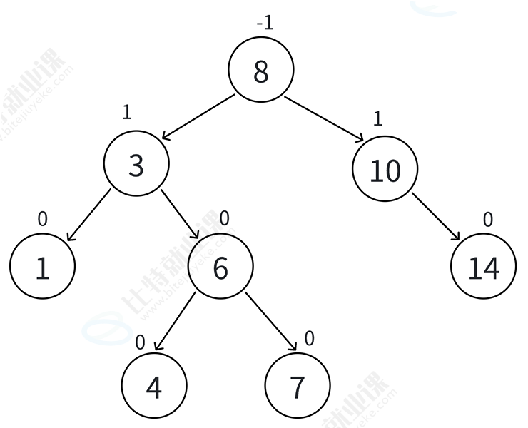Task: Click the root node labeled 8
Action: click(260, 71)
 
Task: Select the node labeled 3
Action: click(136, 165)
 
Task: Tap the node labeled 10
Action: click(385, 170)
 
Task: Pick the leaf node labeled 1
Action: click(42, 268)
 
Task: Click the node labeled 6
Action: click(220, 268)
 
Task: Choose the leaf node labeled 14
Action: click(483, 268)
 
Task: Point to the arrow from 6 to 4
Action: click(176, 321)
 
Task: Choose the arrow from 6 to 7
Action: click(270, 321)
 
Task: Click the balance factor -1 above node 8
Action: click(265, 23)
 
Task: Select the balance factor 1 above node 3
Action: click(127, 113)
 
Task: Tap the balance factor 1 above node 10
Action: click(377, 118)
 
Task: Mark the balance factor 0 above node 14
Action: click(488, 220)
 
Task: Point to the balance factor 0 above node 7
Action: click(309, 338)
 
